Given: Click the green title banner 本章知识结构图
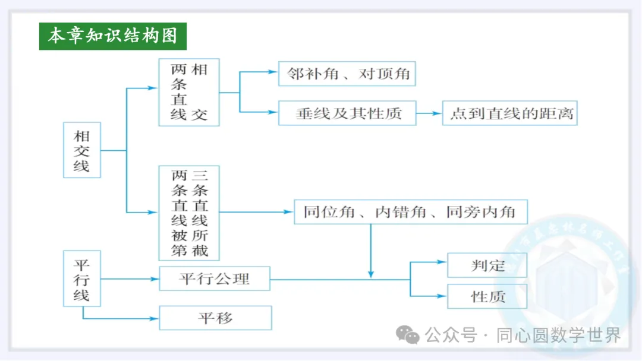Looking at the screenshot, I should (x=113, y=36).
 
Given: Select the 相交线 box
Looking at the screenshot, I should (x=81, y=150).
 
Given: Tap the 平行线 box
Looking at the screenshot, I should (x=81, y=278).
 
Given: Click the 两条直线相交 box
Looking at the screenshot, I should (x=189, y=92).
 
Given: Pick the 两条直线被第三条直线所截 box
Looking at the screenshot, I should (x=189, y=213).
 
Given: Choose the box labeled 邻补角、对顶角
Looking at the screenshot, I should (x=348, y=74).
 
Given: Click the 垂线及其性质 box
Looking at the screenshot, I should (x=348, y=113).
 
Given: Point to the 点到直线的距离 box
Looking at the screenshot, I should (x=510, y=113).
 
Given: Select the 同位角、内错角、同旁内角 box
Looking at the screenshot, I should (x=410, y=212).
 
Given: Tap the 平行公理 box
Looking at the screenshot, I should (x=215, y=278).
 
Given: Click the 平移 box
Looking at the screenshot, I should (x=215, y=318).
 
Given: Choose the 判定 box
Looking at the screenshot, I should (x=487, y=265).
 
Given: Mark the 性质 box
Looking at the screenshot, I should (x=487, y=296).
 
